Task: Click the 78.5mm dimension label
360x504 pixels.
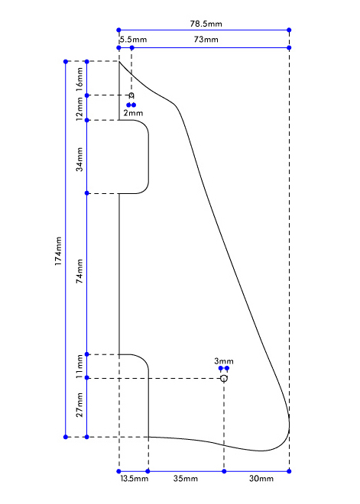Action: tap(206, 24)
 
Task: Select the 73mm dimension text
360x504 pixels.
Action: tap(206, 40)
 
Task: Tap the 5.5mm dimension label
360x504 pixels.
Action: tap(134, 40)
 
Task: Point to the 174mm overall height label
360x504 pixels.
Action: tap(58, 251)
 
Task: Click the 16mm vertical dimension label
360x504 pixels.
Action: tap(79, 79)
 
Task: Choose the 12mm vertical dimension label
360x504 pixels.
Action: tap(79, 108)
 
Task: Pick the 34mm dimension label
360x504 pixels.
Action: tap(79, 159)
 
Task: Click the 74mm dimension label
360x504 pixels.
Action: tap(79, 271)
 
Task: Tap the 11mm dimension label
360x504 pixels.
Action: tap(79, 367)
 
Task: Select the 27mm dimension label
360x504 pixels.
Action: tap(79, 405)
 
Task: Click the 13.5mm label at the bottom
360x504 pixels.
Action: tap(135, 479)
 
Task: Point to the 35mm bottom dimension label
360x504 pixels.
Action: tap(186, 479)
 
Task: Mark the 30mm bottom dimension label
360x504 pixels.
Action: tap(261, 479)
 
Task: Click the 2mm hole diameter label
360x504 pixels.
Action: tap(133, 113)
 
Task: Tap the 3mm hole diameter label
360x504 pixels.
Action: tap(224, 361)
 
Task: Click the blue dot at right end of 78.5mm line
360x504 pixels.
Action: tap(289, 30)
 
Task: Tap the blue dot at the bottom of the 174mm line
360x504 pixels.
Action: tap(66, 437)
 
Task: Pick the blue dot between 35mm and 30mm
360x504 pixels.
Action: tap(224, 471)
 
